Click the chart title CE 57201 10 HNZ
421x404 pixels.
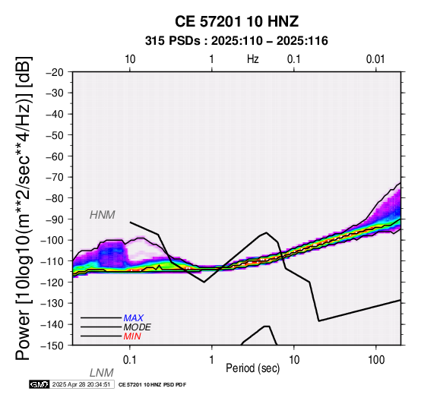[x=236, y=21]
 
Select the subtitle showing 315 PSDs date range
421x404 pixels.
[x=236, y=41]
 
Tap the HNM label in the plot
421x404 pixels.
[x=103, y=215]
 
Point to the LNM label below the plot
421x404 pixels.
[x=102, y=373]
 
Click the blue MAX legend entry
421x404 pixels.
[x=134, y=318]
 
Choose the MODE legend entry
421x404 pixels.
[x=138, y=327]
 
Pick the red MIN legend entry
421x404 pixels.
[x=132, y=336]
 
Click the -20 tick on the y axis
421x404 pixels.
[x=55, y=72]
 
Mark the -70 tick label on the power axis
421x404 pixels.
[x=55, y=177]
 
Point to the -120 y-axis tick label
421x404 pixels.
[x=52, y=282]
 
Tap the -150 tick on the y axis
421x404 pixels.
[x=52, y=346]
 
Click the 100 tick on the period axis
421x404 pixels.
[x=376, y=360]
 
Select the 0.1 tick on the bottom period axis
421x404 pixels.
[x=129, y=360]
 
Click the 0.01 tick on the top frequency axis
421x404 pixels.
[x=375, y=59]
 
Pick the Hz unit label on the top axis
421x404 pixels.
[x=252, y=59]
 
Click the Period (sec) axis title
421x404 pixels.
[x=252, y=368]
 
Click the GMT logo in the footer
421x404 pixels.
[x=40, y=384]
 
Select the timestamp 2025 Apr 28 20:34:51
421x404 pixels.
[x=81, y=384]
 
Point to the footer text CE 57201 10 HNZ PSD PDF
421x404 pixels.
[x=152, y=385]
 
